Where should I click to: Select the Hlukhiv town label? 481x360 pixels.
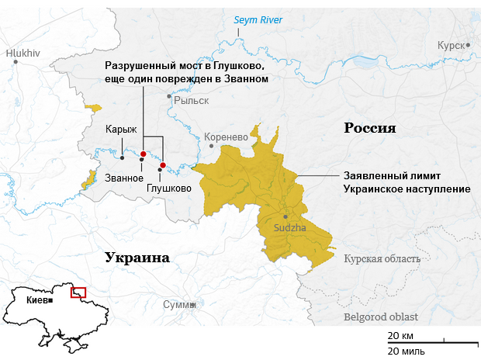click(x=22, y=54)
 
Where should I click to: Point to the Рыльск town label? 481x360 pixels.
click(x=192, y=100)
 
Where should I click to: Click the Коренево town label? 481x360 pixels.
click(x=226, y=137)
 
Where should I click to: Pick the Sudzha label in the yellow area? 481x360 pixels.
click(x=290, y=228)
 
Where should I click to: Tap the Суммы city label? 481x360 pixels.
click(x=179, y=305)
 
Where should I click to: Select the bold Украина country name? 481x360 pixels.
click(x=137, y=258)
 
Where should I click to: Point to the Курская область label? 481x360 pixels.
click(x=382, y=259)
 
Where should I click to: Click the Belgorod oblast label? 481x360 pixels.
click(x=380, y=317)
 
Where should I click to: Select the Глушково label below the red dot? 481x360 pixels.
click(x=168, y=188)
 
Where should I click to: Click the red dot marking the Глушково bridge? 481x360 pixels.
click(x=163, y=165)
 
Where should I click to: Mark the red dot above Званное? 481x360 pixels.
click(x=144, y=154)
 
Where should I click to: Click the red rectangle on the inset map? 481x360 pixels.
click(x=78, y=292)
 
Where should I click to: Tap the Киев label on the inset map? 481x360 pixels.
click(x=36, y=299)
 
